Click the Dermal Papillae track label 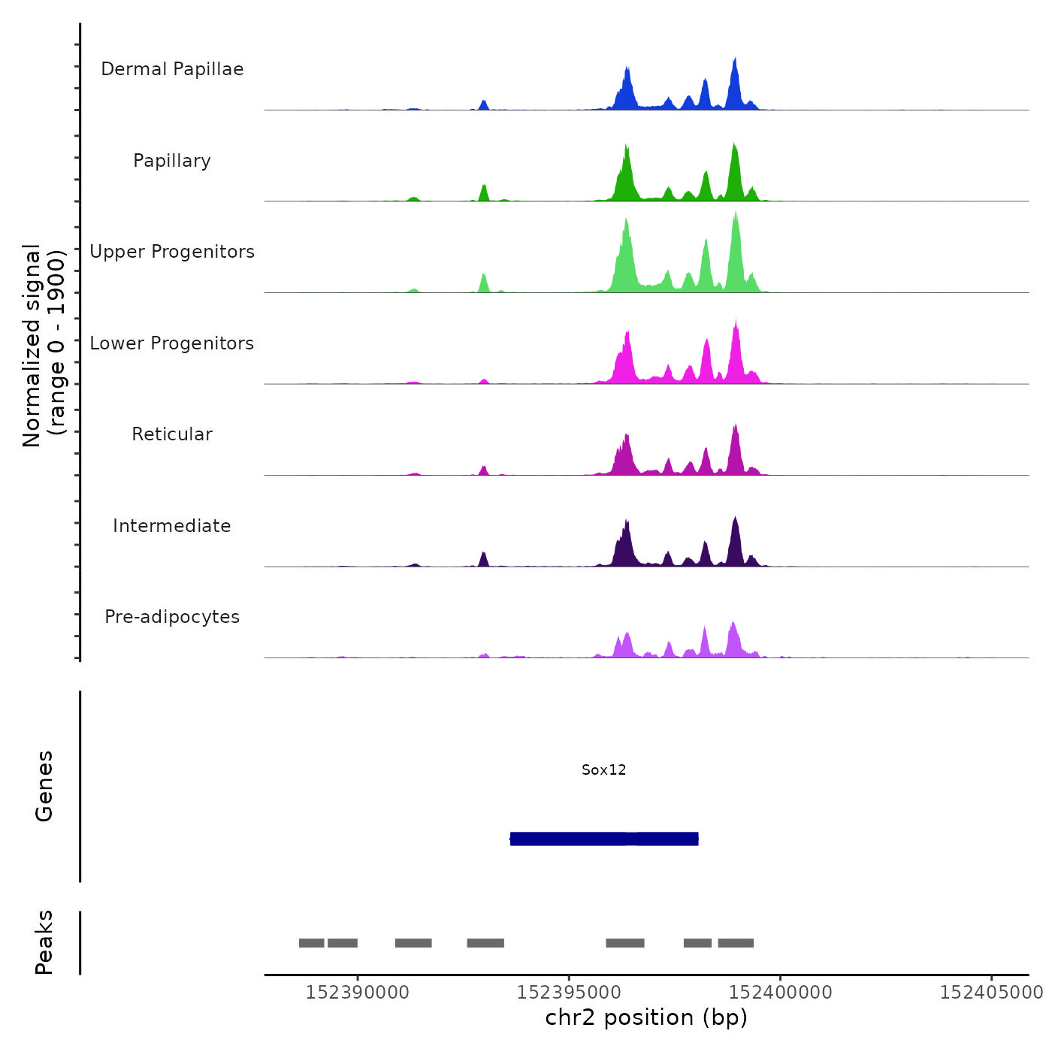coord(172,69)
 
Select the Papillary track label coord(172,161)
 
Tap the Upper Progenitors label coord(172,252)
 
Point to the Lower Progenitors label coord(172,343)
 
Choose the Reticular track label coord(172,434)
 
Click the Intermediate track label coord(172,526)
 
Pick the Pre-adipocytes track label coord(172,617)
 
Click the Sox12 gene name coord(603,769)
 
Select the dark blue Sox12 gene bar coord(604,839)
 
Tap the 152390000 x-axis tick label coord(357,992)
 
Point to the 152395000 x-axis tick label coord(569,992)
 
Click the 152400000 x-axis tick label coord(780,992)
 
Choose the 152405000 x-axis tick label coord(991,992)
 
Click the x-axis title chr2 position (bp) coord(646,1017)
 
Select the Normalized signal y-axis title coord(44,345)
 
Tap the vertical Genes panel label coord(44,786)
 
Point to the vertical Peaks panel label coord(44,942)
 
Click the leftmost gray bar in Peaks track coord(311,943)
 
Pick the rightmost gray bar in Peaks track coord(736,943)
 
